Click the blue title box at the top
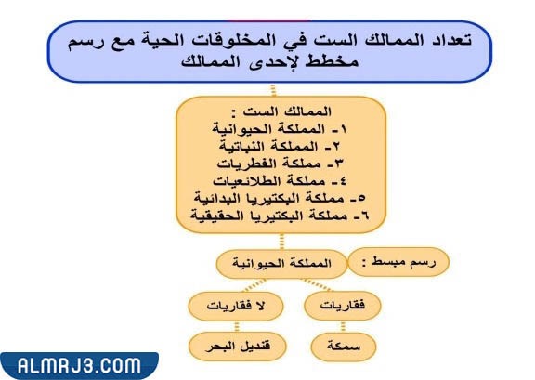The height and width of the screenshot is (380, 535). point(269,51)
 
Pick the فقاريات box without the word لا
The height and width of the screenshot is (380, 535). point(342,305)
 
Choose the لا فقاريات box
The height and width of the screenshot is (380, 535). point(229,305)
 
